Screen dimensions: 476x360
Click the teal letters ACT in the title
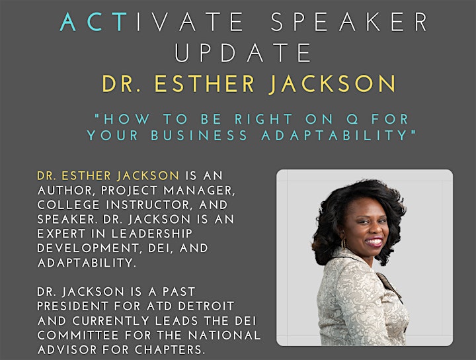point(93,22)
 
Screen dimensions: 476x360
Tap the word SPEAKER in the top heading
point(349,22)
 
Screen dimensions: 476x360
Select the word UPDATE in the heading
point(243,52)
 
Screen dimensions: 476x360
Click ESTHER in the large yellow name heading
point(204,83)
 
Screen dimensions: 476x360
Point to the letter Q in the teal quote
point(352,119)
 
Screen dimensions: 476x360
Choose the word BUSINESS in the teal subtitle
point(199,136)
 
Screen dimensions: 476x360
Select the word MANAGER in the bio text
point(199,191)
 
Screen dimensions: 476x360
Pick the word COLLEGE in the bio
point(68,204)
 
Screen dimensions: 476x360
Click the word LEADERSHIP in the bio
point(152,234)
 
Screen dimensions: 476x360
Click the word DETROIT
point(206,306)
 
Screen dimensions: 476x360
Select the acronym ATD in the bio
point(159,306)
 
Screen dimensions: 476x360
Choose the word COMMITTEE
point(78,336)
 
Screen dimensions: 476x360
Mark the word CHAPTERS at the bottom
point(168,349)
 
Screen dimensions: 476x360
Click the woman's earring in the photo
point(344,244)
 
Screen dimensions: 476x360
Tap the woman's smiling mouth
point(374,242)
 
